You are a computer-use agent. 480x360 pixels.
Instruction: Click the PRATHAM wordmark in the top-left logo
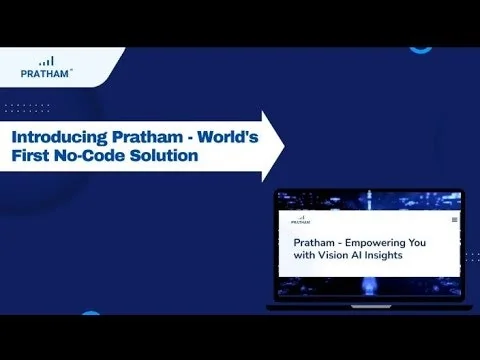pos(45,71)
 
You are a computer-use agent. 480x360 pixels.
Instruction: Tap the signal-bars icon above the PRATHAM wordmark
pos(46,58)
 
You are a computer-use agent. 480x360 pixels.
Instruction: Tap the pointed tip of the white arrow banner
pos(283,146)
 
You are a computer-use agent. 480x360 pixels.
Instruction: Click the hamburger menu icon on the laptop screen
pos(455,219)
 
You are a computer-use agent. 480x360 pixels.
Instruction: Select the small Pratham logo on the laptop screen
pos(300,218)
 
